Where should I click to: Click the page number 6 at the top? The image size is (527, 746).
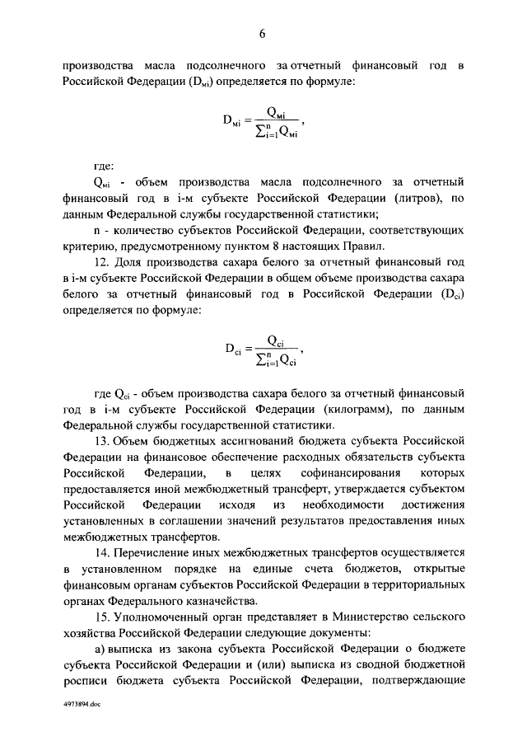(263, 34)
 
